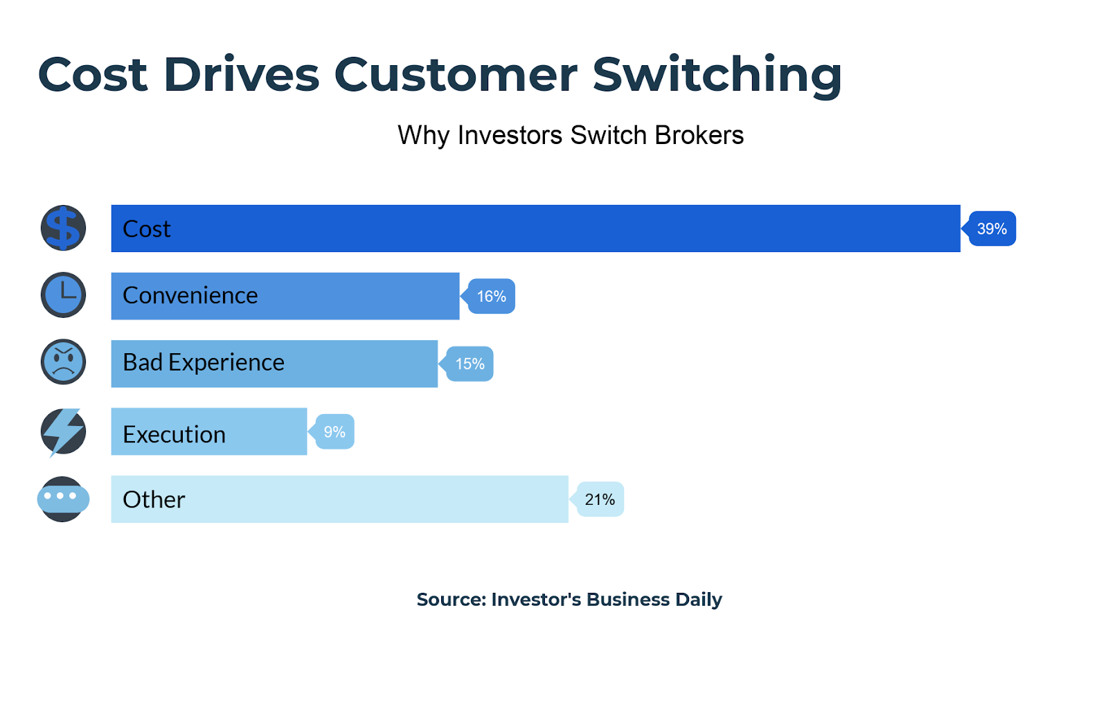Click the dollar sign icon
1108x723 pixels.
(x=63, y=228)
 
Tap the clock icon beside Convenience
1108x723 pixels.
(x=63, y=295)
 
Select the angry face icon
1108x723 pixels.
(x=63, y=362)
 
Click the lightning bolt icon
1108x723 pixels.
(x=63, y=432)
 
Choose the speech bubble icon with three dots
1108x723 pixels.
(x=63, y=499)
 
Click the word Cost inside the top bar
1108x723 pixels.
(x=146, y=229)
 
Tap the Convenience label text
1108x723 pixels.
(x=190, y=296)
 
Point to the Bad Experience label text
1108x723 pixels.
(x=204, y=363)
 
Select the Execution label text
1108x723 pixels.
(x=174, y=435)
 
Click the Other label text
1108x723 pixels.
(x=154, y=499)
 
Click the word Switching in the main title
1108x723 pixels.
(x=717, y=75)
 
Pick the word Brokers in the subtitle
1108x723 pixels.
(x=699, y=135)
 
